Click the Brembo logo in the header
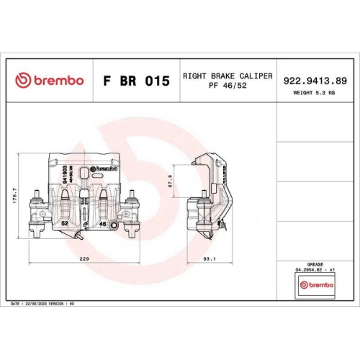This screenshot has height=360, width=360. (x=49, y=80)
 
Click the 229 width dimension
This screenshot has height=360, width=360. (x=84, y=258)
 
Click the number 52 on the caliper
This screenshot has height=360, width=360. (x=65, y=224)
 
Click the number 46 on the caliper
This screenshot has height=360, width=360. (x=102, y=224)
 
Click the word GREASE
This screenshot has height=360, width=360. (x=315, y=264)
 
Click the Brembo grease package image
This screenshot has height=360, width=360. (x=315, y=285)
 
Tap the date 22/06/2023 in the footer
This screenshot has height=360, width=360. (x=36, y=305)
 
